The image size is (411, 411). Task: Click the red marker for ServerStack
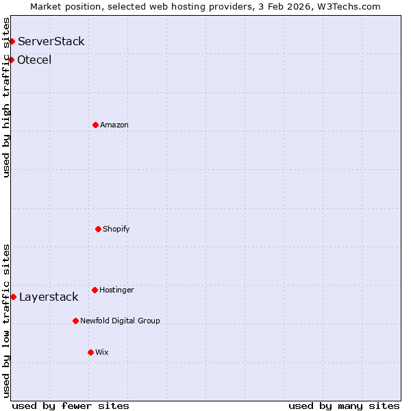tap(12, 42)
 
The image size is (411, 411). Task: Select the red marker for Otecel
tap(11, 60)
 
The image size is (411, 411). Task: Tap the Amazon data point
tap(95, 125)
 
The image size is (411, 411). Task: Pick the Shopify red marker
tap(98, 229)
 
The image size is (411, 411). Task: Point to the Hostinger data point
tap(95, 290)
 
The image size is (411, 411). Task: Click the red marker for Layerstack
tap(13, 297)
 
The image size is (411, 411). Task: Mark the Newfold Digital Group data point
tap(75, 321)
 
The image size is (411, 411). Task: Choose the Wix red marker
tap(90, 352)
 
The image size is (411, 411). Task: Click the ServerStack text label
tap(51, 42)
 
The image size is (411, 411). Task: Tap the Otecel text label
tap(34, 60)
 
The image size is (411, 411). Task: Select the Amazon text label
tap(114, 125)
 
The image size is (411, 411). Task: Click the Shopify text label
tap(116, 229)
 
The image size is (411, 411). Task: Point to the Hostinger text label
tap(116, 290)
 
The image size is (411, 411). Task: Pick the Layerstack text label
tap(49, 297)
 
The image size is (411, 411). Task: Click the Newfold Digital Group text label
tap(120, 321)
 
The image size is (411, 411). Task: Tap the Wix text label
tap(101, 352)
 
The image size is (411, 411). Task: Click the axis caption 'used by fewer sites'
tap(71, 406)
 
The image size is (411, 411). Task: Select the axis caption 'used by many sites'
tap(344, 406)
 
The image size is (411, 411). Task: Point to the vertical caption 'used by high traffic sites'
tap(6, 98)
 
